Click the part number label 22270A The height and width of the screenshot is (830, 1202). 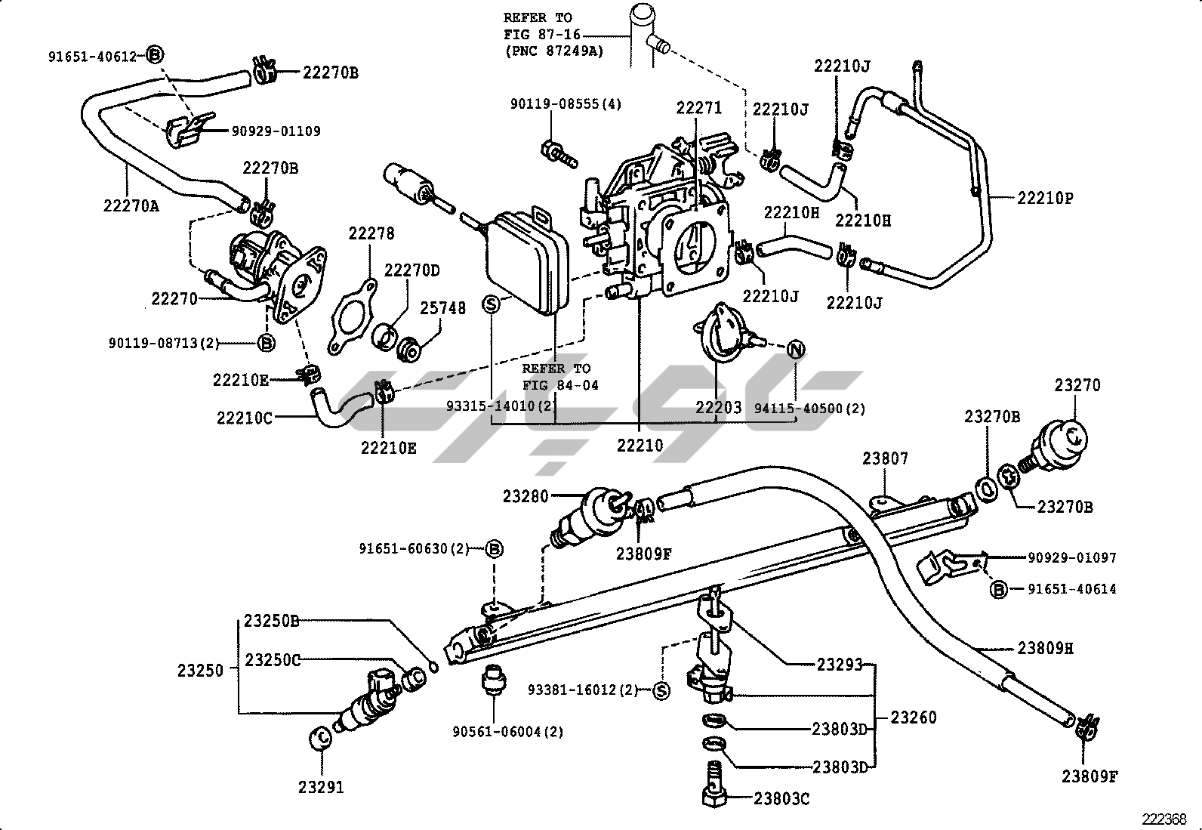(131, 205)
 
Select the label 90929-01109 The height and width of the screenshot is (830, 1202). (276, 131)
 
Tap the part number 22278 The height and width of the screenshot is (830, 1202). (371, 234)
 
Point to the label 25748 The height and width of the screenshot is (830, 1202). (443, 308)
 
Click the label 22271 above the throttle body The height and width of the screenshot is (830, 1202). (699, 109)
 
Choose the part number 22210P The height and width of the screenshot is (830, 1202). (1046, 199)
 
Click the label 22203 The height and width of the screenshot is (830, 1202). (719, 408)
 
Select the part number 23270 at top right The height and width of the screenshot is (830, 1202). (1077, 386)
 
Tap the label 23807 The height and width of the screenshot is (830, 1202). (886, 458)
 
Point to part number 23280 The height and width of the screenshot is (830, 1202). (526, 496)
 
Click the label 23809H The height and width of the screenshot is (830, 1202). (1046, 648)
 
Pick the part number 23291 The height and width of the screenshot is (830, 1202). (321, 787)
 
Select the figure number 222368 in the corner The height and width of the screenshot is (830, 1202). (1163, 819)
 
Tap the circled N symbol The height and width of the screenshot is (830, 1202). (796, 349)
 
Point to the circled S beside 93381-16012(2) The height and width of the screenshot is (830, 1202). (661, 690)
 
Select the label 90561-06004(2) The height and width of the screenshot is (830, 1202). (508, 731)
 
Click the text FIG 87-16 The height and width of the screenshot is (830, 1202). (538, 35)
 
